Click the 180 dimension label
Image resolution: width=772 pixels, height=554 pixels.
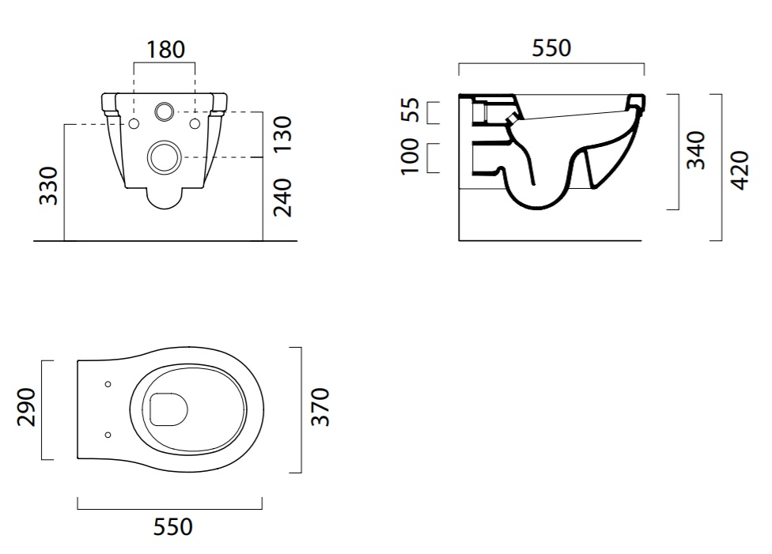coord(166,50)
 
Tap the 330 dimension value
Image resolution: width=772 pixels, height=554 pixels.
coord(49,186)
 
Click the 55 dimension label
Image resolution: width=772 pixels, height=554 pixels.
coord(410,110)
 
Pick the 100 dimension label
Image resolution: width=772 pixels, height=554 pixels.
coord(410,156)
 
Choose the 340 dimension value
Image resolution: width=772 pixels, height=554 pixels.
coord(696,150)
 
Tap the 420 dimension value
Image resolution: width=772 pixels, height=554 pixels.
coord(740,170)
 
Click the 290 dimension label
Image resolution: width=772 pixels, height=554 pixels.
coord(27,407)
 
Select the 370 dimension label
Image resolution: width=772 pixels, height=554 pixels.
coord(320,407)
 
